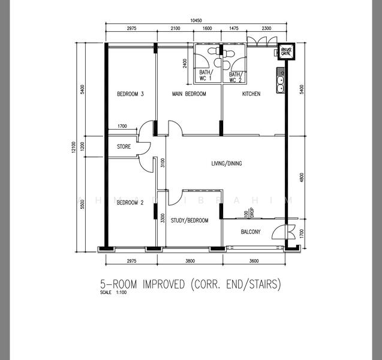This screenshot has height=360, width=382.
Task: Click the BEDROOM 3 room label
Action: click(x=130, y=94)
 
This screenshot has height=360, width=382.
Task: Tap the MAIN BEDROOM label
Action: click(x=189, y=94)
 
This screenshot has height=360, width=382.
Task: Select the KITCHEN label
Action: click(x=251, y=94)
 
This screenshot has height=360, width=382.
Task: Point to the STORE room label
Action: click(x=124, y=146)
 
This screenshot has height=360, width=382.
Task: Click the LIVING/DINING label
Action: click(x=227, y=163)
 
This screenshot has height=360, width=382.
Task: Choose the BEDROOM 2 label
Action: click(x=130, y=203)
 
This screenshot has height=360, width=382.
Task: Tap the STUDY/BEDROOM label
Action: click(x=190, y=221)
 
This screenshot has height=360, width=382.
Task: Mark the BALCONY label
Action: click(x=251, y=232)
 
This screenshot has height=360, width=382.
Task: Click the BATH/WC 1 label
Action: click(x=206, y=76)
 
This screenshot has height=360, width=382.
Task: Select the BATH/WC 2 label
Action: click(x=235, y=76)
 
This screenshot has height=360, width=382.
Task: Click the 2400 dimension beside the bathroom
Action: click(x=186, y=62)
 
